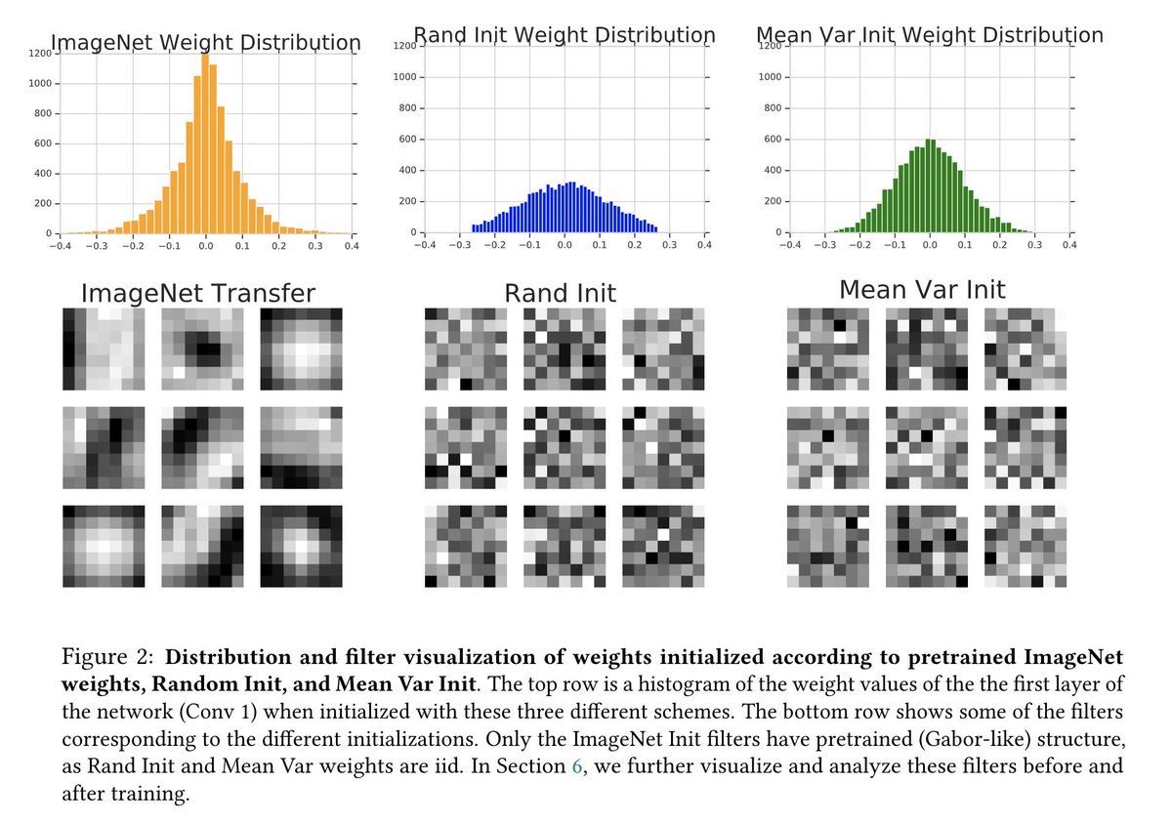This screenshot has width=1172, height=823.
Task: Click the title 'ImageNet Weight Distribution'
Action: pos(205,43)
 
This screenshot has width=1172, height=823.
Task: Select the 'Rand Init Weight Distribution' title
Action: pos(565,36)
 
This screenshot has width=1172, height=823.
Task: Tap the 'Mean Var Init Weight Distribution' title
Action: pos(930,36)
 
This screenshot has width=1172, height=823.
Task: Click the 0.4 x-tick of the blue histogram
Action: pos(703,246)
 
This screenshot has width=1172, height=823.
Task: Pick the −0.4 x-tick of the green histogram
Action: pos(787,246)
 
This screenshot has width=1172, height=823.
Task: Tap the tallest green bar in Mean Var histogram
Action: pos(930,187)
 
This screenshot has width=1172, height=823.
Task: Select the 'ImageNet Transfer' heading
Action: pos(199,294)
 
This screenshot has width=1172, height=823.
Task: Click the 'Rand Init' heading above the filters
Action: pos(560,293)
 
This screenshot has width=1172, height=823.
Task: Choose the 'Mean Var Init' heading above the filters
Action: pos(922,290)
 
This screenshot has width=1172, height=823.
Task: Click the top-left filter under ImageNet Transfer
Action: pos(103,348)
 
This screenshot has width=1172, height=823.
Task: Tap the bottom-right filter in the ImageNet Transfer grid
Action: pos(301,546)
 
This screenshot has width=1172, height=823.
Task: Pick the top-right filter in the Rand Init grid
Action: pos(662,348)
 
